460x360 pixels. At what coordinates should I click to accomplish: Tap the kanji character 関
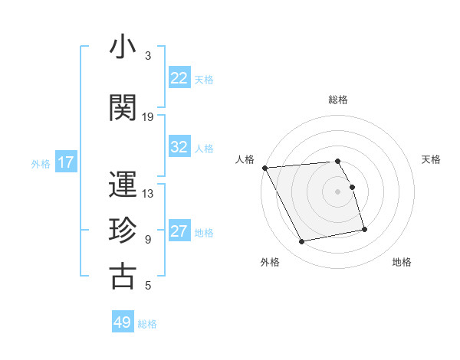pyautogui.click(x=123, y=107)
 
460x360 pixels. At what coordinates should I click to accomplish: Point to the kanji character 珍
pyautogui.click(x=123, y=231)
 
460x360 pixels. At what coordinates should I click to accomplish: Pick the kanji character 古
pyautogui.click(x=123, y=277)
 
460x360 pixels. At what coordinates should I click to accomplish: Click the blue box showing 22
pyautogui.click(x=179, y=78)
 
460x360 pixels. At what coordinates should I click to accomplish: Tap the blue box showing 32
pyautogui.click(x=179, y=147)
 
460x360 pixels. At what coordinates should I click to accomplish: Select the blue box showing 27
pyautogui.click(x=179, y=231)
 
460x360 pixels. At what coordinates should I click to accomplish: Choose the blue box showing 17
pyautogui.click(x=65, y=162)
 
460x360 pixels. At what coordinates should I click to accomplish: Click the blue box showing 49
pyautogui.click(x=123, y=322)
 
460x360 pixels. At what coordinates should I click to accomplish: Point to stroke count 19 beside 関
pyautogui.click(x=148, y=117)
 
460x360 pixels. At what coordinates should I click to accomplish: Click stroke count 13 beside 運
pyautogui.click(x=148, y=194)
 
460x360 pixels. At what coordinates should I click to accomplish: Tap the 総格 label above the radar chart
pyautogui.click(x=337, y=100)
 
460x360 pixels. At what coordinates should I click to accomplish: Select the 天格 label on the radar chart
pyautogui.click(x=432, y=159)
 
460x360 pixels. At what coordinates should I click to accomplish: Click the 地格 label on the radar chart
pyautogui.click(x=402, y=262)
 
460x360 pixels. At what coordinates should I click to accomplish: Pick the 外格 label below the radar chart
pyautogui.click(x=270, y=262)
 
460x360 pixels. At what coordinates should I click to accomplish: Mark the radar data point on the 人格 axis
pyautogui.click(x=264, y=168)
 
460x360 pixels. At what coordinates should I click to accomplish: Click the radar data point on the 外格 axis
pyautogui.click(x=302, y=241)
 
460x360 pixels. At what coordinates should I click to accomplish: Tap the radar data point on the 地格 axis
pyautogui.click(x=364, y=229)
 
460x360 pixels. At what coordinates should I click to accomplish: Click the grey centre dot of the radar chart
pyautogui.click(x=337, y=191)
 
